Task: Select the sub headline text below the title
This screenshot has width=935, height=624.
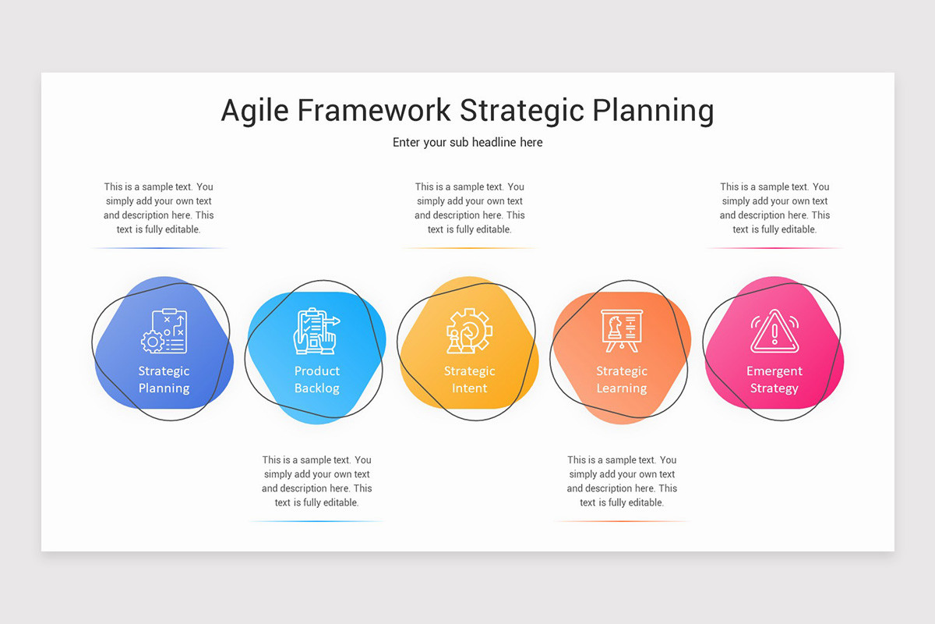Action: [467, 143]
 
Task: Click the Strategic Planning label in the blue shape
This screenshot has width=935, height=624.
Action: [164, 380]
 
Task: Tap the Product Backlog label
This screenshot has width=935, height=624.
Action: [316, 380]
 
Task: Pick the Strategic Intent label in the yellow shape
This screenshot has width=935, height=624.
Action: [469, 380]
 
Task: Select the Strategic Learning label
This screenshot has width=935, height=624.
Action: [621, 380]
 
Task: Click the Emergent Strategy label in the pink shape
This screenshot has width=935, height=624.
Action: [774, 380]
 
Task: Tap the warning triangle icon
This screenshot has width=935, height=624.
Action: [774, 331]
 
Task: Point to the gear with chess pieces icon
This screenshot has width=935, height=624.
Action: [468, 331]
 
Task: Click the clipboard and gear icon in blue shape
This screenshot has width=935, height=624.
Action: [164, 331]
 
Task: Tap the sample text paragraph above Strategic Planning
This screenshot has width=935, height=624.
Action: [159, 208]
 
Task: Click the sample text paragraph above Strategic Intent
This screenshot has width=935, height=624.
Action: [469, 208]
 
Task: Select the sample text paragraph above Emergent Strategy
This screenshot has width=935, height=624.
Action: [774, 208]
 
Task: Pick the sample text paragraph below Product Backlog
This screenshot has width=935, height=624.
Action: [316, 481]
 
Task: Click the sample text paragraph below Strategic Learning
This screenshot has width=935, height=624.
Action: [622, 481]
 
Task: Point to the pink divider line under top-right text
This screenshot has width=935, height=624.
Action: [774, 248]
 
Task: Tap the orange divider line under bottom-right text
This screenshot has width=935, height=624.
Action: [622, 521]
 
